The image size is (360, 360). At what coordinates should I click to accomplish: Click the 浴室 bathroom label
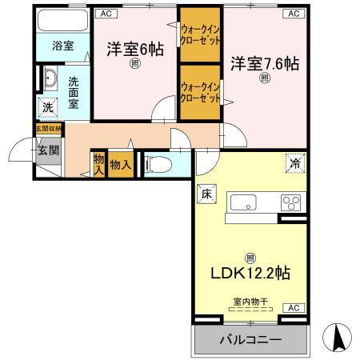[x=64, y=46]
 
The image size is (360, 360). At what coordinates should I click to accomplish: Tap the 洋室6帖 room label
[x=136, y=50]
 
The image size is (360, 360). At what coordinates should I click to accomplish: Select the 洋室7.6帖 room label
[x=266, y=62]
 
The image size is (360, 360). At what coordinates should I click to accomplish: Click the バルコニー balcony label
[x=251, y=340]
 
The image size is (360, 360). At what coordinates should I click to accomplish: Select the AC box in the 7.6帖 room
[x=293, y=13]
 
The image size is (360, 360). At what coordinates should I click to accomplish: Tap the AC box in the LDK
[x=293, y=307]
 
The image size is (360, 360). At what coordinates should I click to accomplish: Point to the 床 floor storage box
[x=204, y=192]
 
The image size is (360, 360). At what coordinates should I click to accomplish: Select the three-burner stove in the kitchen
[x=289, y=202]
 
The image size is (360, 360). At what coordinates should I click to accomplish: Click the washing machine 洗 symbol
[x=47, y=108]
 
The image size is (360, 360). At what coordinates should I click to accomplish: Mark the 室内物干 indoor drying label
[x=251, y=301]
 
